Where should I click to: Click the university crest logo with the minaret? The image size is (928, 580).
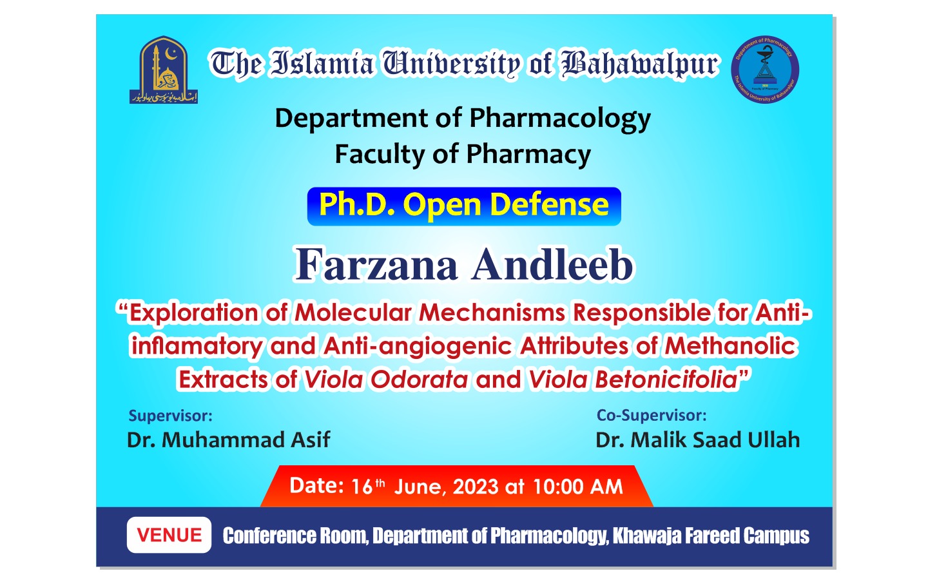[164, 70]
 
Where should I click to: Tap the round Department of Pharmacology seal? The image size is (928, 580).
[765, 69]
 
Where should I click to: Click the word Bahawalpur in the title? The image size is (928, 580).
[640, 64]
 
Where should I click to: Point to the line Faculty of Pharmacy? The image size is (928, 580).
[463, 155]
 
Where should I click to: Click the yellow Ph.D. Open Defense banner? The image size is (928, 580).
[464, 206]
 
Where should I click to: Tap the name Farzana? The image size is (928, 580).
[376, 265]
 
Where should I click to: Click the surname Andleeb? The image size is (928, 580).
[553, 265]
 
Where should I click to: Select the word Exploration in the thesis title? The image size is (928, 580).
[194, 313]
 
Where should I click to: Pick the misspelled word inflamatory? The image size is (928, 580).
[197, 347]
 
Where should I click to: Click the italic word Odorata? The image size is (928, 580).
[420, 380]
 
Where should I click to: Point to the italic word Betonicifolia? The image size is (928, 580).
[666, 380]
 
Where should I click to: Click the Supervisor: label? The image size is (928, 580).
[170, 416]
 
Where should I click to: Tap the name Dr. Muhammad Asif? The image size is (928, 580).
[228, 440]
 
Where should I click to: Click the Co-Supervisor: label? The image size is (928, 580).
[652, 416]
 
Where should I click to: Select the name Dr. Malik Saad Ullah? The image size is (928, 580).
[697, 440]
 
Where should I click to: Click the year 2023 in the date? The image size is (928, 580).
[476, 487]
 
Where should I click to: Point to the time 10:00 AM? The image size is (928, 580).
[578, 487]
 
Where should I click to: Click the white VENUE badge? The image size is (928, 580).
[169, 535]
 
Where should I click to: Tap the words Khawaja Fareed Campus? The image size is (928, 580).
[711, 536]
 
